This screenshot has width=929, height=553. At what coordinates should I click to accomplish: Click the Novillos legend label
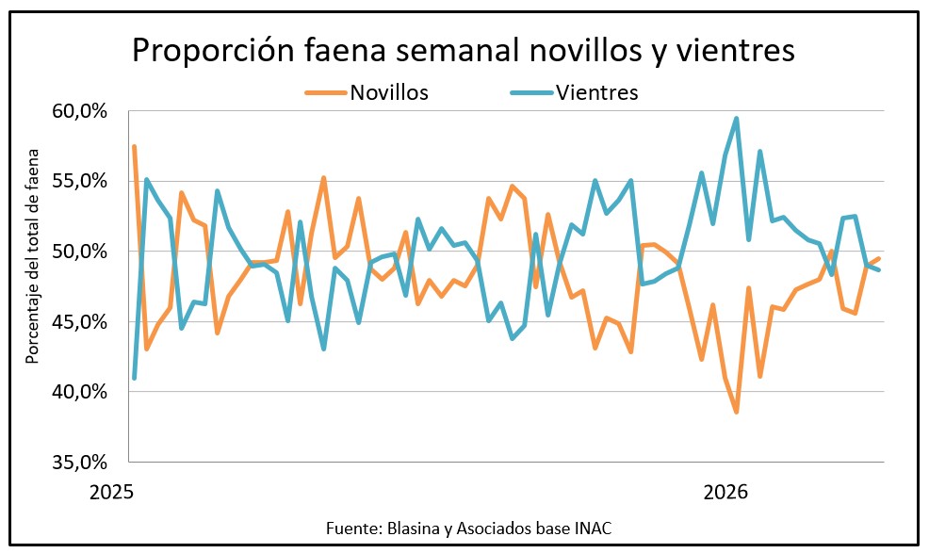pos(390,92)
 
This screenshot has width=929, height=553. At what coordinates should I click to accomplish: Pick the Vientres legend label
pos(597,92)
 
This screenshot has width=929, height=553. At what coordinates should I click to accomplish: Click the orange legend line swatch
pos(326,92)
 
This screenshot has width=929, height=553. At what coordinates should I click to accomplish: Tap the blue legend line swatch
pos(530,92)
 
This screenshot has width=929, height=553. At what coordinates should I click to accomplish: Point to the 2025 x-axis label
pos(113,492)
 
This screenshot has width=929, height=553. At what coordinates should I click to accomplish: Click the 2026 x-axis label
pos(725,492)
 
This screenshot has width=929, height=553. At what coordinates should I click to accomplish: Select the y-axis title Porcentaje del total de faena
pos(33,255)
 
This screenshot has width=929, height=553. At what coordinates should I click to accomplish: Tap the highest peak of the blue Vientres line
pos(736,119)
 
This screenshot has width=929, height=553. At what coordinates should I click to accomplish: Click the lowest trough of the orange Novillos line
pos(736,412)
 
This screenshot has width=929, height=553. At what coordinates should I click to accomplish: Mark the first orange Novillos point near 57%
pos(135,147)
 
